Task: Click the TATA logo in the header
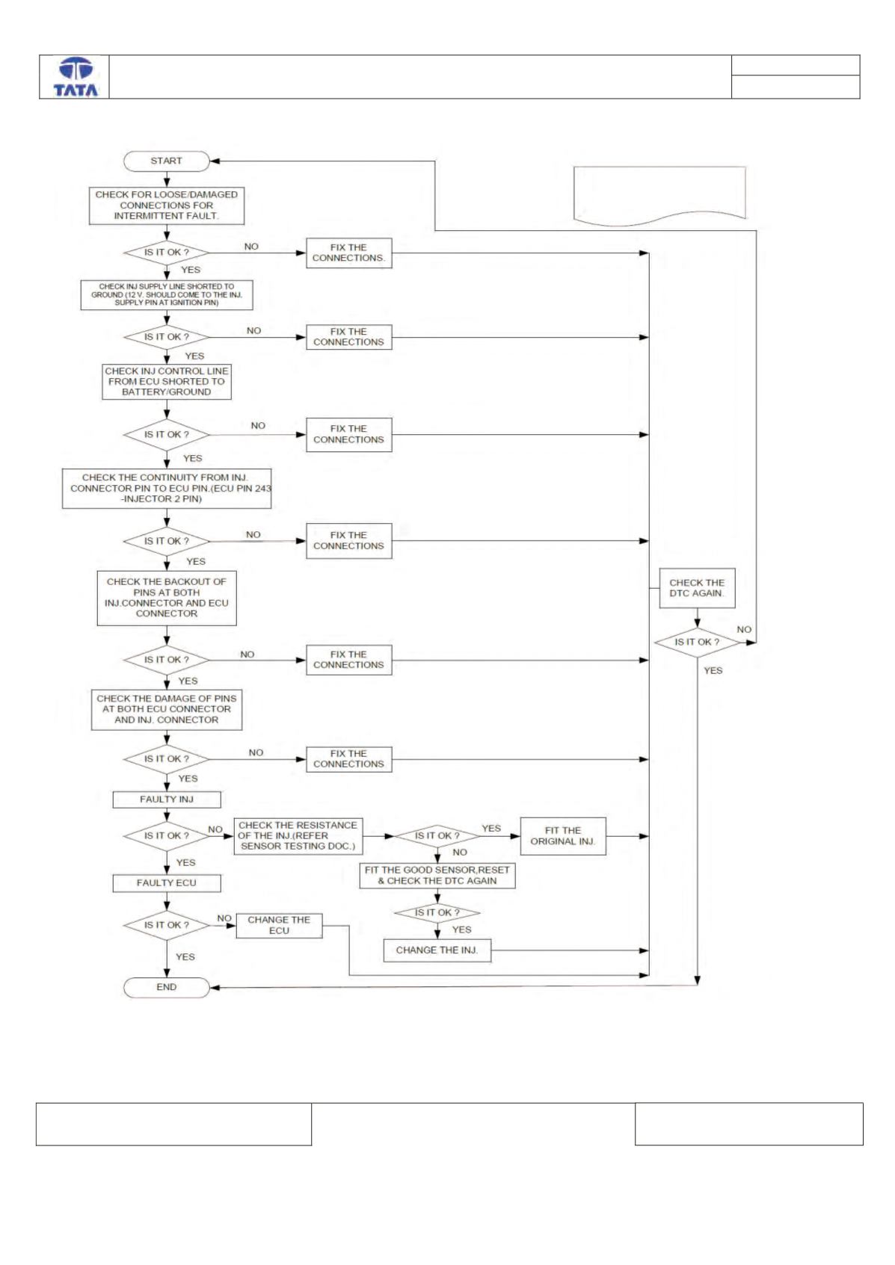[x=76, y=77]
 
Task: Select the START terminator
[x=167, y=161]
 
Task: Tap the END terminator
[x=167, y=987]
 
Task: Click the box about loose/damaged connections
[x=167, y=205]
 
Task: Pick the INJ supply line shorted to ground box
[x=167, y=295]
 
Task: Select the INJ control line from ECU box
[x=167, y=382]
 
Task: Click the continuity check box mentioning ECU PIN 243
[x=167, y=489]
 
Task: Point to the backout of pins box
[x=167, y=598]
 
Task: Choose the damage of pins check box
[x=167, y=710]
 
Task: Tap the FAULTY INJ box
[x=167, y=799]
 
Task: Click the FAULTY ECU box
[x=167, y=883]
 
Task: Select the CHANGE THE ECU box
[x=279, y=926]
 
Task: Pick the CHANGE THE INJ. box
[x=437, y=950]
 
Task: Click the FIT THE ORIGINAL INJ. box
[x=563, y=836]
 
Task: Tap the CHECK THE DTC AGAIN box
[x=698, y=589]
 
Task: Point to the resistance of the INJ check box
[x=298, y=836]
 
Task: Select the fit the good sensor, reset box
[x=437, y=876]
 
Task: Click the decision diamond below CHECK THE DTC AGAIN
[x=698, y=643]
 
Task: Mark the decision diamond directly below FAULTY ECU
[x=167, y=926]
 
